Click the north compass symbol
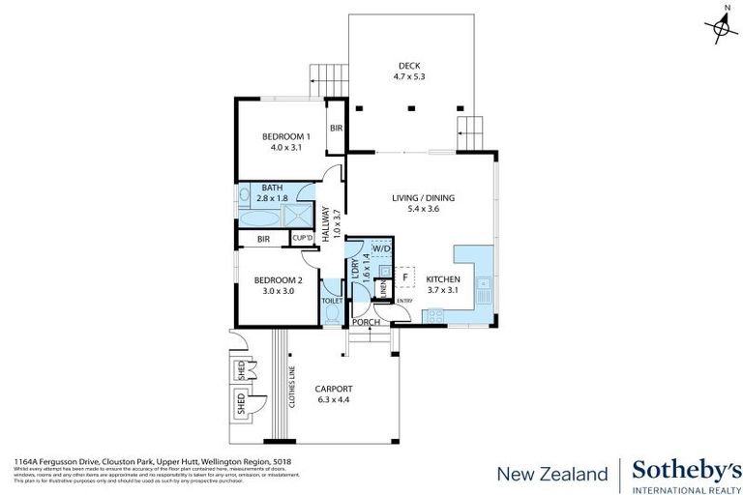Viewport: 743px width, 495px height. [722, 28]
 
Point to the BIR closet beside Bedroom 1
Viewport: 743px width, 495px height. [336, 128]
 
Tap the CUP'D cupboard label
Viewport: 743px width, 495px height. [303, 238]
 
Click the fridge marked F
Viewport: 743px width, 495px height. [405, 277]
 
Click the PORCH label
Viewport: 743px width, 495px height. [367, 322]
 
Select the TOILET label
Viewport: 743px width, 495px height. [332, 301]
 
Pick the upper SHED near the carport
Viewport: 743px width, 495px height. [239, 369]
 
